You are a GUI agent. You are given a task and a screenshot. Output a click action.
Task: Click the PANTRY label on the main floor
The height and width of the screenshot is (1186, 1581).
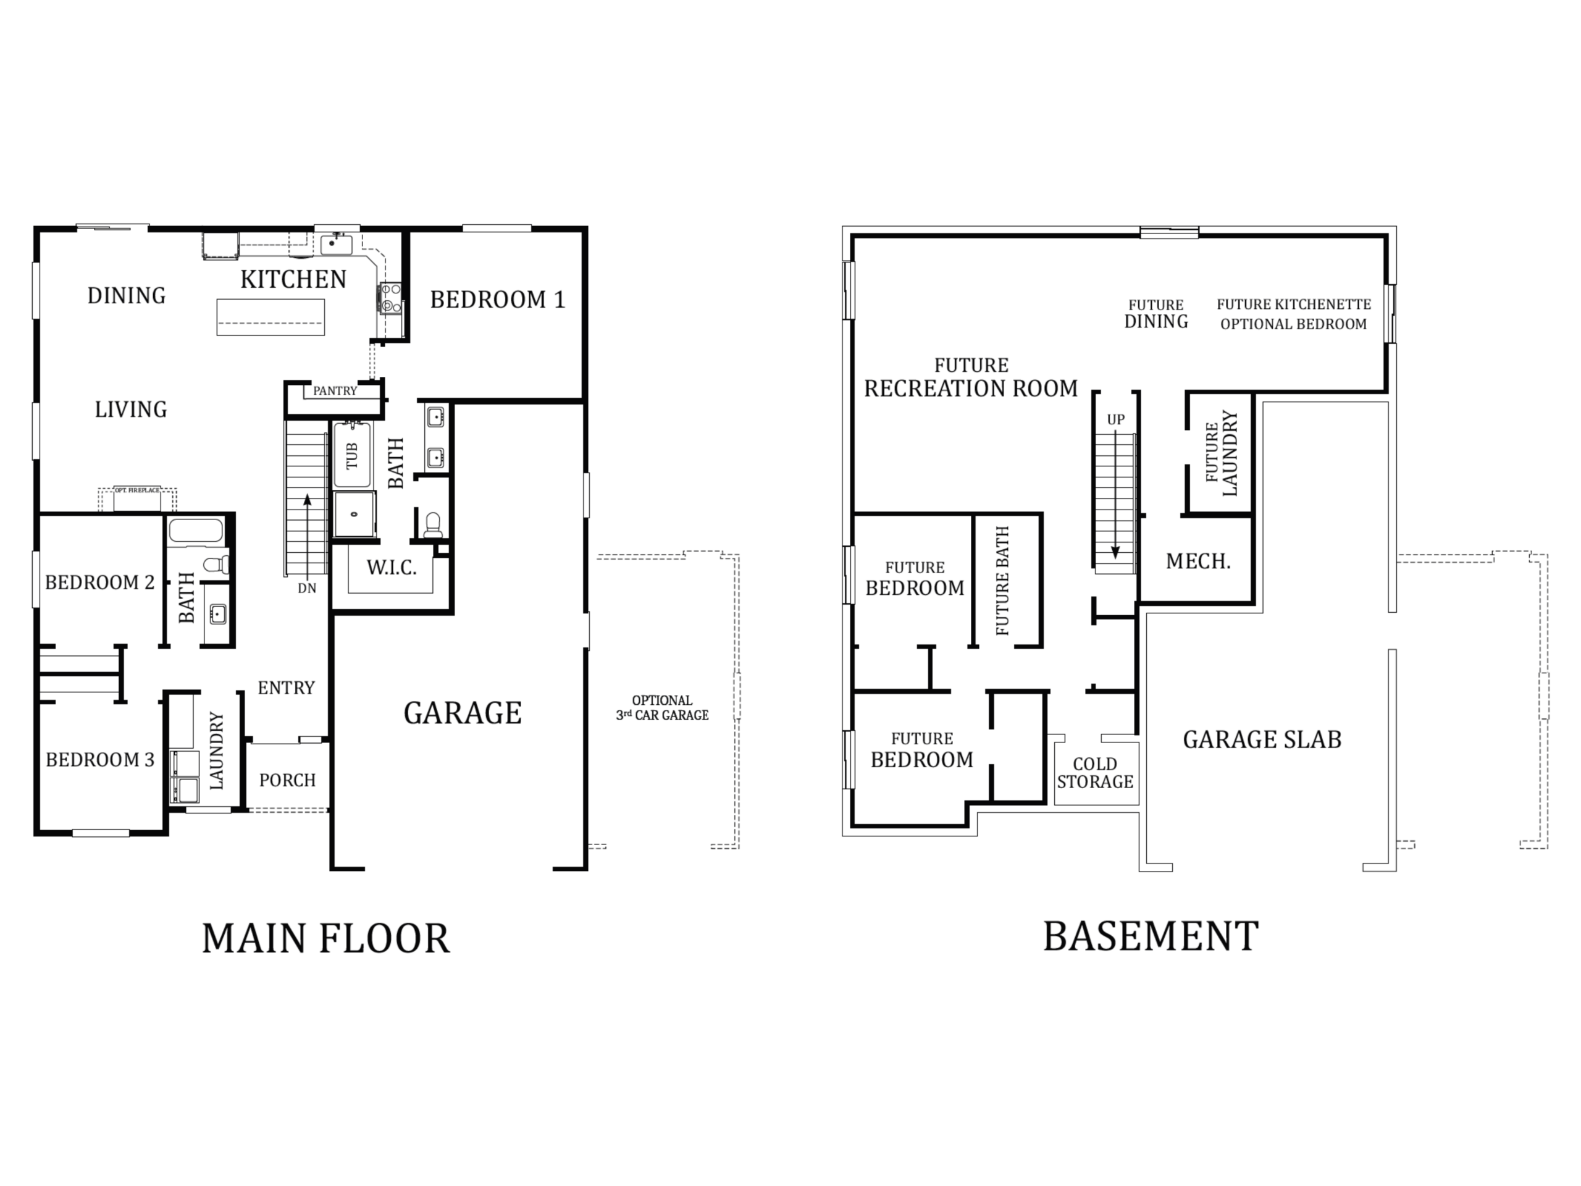[335, 391]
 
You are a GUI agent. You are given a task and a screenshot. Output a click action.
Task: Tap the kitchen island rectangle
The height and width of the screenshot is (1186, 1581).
[271, 317]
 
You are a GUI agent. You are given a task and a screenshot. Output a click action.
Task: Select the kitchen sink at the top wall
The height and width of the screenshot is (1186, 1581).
[336, 245]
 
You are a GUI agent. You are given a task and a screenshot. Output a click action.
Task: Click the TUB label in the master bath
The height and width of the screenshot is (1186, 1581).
[351, 455]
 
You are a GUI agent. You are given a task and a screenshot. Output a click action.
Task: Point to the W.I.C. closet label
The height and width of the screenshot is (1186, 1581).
[391, 568]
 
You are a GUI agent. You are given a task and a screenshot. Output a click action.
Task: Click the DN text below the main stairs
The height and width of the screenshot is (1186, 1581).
[306, 588]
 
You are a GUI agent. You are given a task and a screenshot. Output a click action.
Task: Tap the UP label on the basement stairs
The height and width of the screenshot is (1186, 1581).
[1116, 419]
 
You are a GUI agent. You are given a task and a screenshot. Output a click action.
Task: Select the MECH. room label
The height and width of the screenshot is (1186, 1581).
[1198, 561]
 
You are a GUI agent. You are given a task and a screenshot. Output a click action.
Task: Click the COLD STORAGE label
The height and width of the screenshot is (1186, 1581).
[1095, 773]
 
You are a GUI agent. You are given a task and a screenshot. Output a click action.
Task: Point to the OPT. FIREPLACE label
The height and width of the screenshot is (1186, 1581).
[137, 490]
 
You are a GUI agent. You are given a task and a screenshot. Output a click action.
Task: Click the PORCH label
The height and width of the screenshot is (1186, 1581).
[287, 780]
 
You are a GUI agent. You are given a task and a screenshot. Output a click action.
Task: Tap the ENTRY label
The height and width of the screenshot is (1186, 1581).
[286, 688]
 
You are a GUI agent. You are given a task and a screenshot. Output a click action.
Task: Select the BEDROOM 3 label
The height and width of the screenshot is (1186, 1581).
[100, 759]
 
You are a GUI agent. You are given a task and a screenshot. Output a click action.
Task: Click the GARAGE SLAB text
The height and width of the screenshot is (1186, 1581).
[1262, 739]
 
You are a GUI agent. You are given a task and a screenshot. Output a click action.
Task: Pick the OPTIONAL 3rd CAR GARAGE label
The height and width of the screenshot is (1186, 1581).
[663, 708]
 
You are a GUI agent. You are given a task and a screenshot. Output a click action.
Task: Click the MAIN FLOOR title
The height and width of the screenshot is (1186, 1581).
[326, 939]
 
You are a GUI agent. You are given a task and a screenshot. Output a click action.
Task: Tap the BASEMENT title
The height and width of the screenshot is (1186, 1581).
[1151, 936]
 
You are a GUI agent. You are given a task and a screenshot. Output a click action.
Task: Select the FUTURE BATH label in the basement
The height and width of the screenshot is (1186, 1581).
[1002, 581]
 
